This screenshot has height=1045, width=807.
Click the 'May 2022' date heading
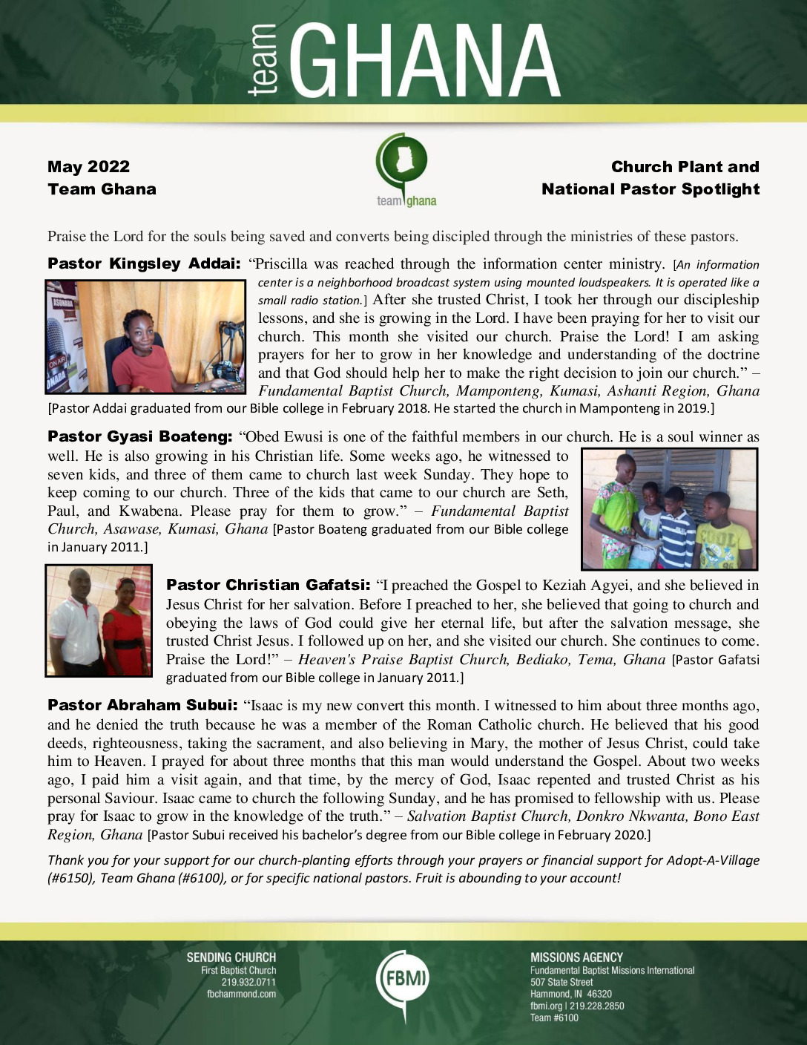[x=88, y=167]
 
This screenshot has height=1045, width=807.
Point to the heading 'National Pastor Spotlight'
[x=650, y=189]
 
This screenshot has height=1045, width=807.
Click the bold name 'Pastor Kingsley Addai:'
[x=144, y=263]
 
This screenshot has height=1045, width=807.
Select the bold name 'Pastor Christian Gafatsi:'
[x=268, y=585]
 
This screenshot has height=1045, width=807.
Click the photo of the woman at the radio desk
[x=145, y=336]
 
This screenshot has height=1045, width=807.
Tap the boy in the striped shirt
[x=676, y=528]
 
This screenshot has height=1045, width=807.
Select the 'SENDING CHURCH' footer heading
[x=231, y=957]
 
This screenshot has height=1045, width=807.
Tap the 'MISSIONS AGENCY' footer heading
[x=576, y=957]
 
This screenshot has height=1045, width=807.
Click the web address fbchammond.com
[x=241, y=994]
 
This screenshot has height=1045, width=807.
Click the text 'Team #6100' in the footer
[x=554, y=1018]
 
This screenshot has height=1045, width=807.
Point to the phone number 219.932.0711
[x=248, y=982]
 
